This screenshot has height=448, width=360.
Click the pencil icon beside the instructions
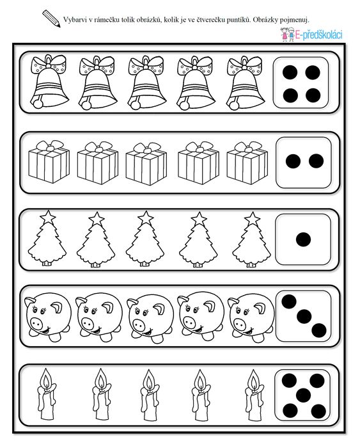coord(51,19)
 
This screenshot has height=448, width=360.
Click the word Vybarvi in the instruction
coord(73,20)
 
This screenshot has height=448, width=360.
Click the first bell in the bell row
coord(49,82)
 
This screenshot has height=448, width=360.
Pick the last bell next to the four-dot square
coord(246,83)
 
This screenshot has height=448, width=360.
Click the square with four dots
coord(301,83)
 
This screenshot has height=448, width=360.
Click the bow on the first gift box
coord(50,146)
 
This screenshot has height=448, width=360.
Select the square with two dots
coord(304,163)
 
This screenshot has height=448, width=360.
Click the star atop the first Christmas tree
coord(48,217)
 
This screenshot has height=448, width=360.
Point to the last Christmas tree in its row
coord(251,239)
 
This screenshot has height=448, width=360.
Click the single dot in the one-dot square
coord(303,239)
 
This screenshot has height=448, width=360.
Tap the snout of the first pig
coord(36,323)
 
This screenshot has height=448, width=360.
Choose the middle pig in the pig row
coord(150,317)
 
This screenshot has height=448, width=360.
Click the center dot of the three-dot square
coord(304,316)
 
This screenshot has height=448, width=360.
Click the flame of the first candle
coord(46,379)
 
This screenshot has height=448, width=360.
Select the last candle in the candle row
coord(253,395)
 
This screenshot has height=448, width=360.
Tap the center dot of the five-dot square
coord(303,396)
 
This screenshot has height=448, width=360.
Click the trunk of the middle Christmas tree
coord(145,264)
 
